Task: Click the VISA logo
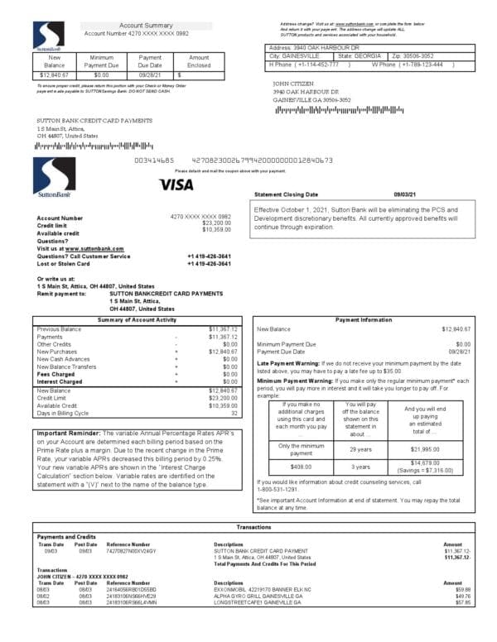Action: (x=176, y=184)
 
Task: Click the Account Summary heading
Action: (x=146, y=26)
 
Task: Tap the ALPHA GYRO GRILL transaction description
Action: (x=257, y=595)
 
